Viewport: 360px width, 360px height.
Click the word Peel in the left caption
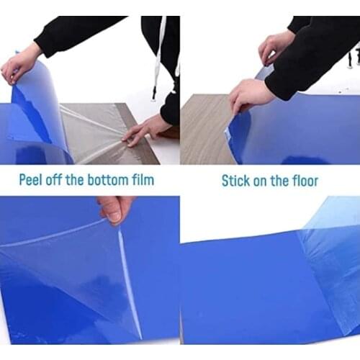click(x=34, y=179)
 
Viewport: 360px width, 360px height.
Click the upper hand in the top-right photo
click(x=276, y=47)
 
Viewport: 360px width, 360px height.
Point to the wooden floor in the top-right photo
click(x=202, y=130)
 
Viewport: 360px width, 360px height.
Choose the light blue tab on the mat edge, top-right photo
click(x=229, y=133)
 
